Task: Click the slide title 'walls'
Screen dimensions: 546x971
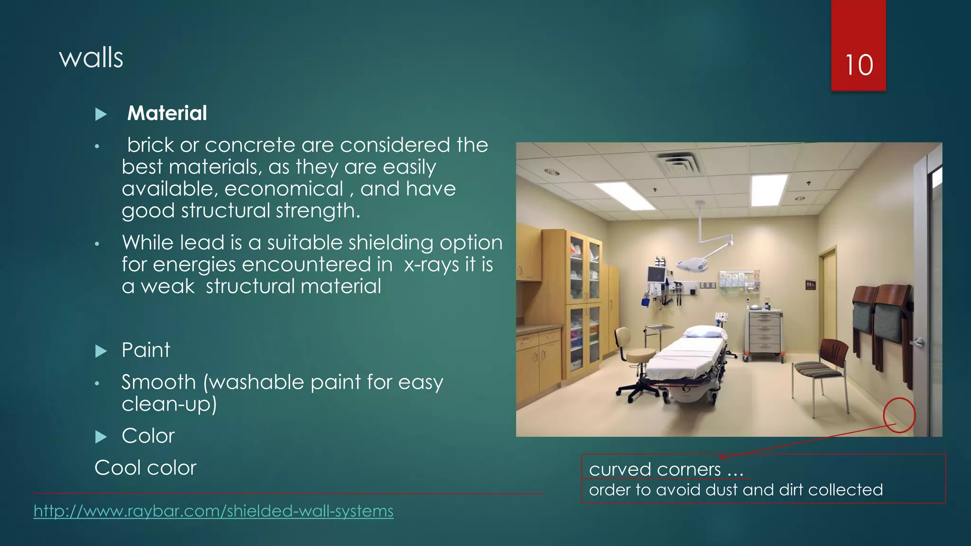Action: coord(91,58)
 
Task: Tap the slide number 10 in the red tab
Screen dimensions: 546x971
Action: coord(859,65)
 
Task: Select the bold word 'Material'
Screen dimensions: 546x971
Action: coord(167,113)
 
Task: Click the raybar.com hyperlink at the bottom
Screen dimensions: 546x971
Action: coord(213,511)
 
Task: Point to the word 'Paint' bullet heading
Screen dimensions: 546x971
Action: coord(146,350)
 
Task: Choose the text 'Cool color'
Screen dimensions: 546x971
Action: coord(145,468)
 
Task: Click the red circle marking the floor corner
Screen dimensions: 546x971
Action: coord(899,415)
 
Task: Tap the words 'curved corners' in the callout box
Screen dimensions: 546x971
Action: coord(655,469)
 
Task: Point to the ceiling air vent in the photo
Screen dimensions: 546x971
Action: coord(680,164)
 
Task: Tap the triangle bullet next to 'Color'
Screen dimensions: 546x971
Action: coord(101,437)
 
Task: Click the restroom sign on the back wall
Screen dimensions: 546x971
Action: coord(810,285)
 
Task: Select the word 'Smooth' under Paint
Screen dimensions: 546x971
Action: coord(158,382)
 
